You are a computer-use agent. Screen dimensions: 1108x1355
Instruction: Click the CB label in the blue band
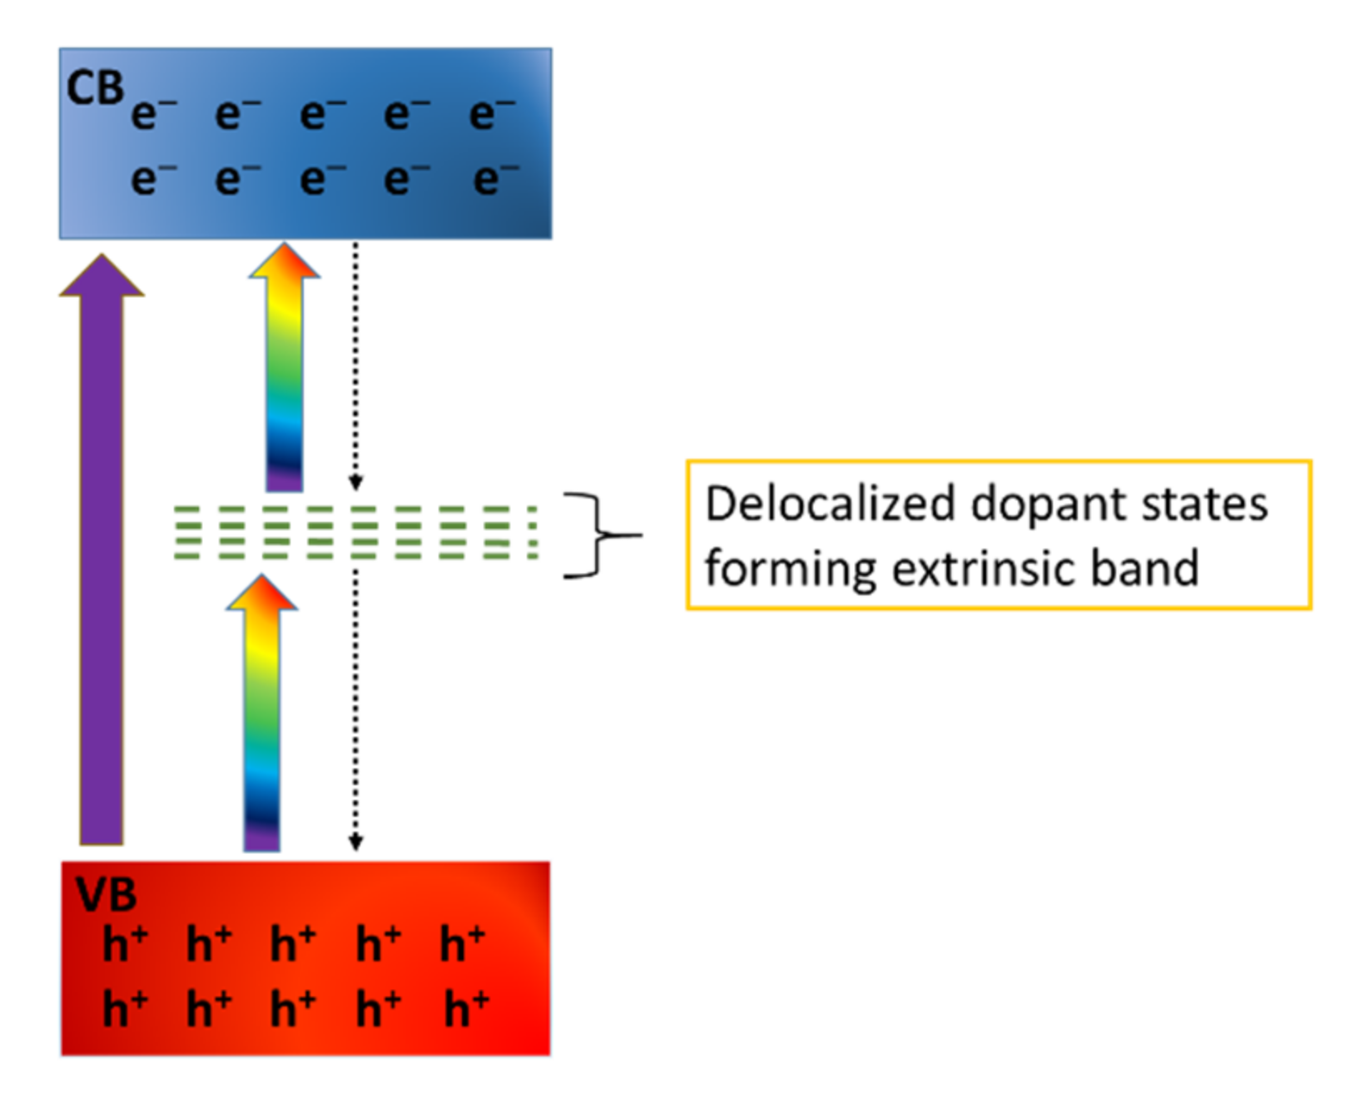[94, 88]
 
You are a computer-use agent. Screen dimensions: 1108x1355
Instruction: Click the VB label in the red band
[106, 896]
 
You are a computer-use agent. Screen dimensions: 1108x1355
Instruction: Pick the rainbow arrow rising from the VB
[261, 716]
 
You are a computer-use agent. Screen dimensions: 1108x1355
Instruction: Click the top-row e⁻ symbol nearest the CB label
[152, 113]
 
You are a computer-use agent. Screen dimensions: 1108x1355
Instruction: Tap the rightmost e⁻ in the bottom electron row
[494, 178]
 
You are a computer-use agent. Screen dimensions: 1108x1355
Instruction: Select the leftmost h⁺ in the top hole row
[124, 945]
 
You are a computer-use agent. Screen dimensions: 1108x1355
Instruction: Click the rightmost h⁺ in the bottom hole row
[465, 1009]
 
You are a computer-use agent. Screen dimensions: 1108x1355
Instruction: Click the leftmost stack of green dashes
[187, 532]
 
